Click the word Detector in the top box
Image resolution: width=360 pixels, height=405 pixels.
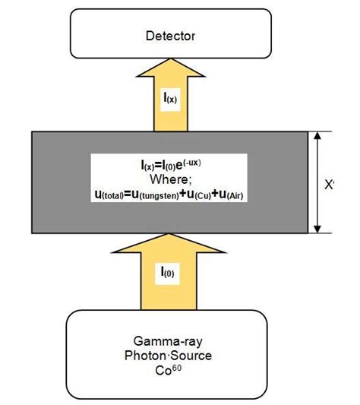(x=170, y=36)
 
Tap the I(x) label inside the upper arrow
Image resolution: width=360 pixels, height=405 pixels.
(x=171, y=98)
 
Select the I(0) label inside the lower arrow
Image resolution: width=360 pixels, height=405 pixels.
(x=171, y=271)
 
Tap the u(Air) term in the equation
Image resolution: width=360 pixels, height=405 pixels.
(x=235, y=195)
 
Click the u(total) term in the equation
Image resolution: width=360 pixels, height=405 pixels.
(x=115, y=195)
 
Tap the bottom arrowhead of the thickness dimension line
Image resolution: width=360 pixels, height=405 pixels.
(x=317, y=229)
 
